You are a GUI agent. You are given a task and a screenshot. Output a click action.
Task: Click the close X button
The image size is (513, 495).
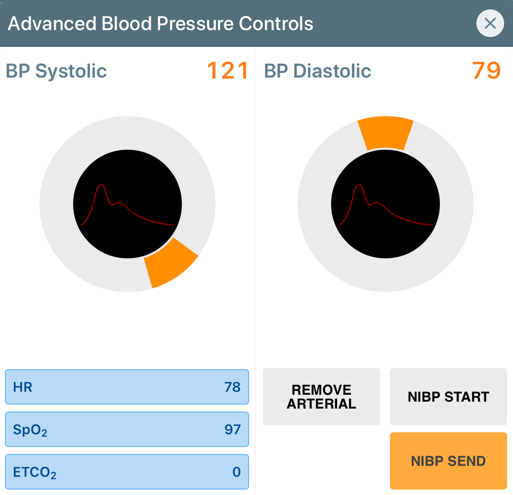490,23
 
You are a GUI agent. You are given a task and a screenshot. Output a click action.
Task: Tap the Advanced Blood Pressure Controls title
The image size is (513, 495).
161,24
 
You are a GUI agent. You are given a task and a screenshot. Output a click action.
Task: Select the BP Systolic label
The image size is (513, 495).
56,71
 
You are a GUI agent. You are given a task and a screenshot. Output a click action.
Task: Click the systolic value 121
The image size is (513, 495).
227,71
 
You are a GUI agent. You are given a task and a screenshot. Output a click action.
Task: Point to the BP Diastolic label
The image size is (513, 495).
317,71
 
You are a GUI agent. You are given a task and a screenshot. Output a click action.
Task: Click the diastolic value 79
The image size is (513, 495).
486,71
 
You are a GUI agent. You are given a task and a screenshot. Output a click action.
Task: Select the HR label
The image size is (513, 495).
23,387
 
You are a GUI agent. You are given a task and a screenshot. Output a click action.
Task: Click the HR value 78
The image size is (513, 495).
232,387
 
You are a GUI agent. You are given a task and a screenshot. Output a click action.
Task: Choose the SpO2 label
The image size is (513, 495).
30,430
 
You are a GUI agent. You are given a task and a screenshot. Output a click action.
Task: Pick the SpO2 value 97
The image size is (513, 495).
232,430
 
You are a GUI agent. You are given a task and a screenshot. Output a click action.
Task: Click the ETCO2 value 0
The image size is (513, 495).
236,472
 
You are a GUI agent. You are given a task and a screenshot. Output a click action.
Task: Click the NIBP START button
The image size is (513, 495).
448,397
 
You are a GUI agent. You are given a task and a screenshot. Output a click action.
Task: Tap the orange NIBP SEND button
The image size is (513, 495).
448,461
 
